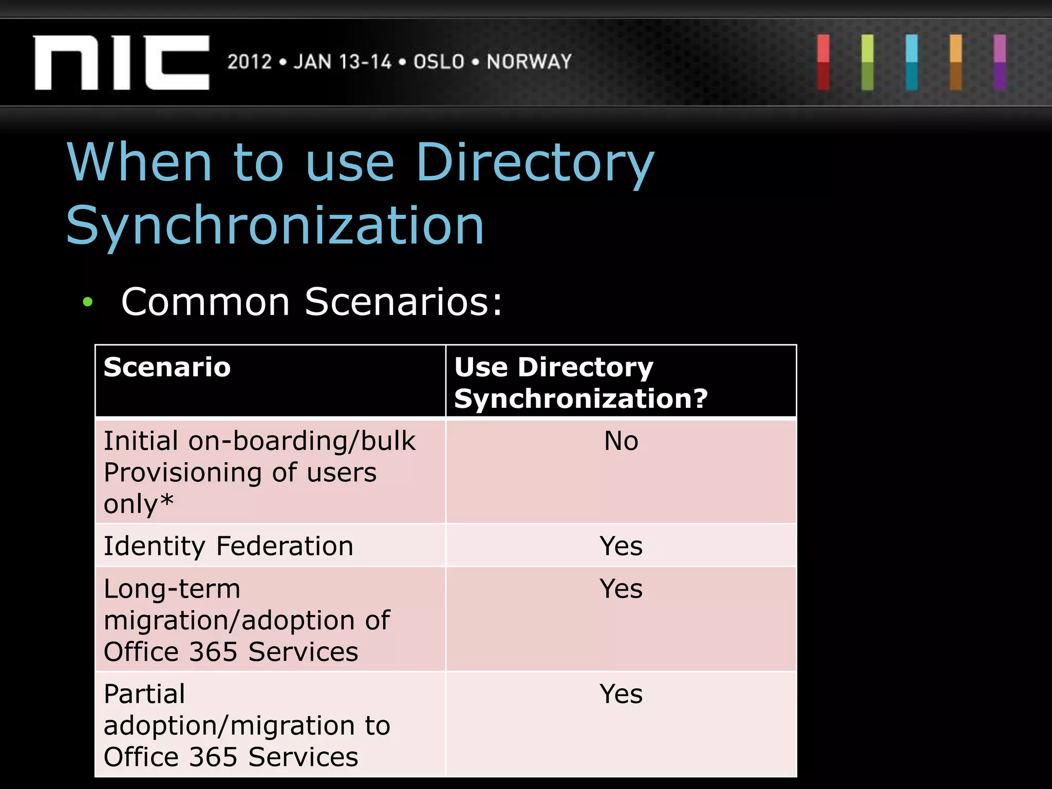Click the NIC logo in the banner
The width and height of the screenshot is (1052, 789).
click(122, 63)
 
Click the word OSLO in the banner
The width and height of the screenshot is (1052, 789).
click(439, 62)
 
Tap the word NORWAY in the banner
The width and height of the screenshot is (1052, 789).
click(529, 62)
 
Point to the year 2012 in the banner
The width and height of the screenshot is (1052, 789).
click(250, 62)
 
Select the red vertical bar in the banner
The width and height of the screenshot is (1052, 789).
click(823, 63)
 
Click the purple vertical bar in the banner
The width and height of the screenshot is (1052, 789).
click(1000, 63)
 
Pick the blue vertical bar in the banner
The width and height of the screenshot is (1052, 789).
click(912, 63)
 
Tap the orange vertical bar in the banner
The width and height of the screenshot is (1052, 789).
click(955, 63)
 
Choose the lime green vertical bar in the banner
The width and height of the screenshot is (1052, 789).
click(868, 63)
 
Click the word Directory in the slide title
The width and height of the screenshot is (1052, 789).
click(535, 163)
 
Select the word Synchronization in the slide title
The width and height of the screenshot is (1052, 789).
click(275, 226)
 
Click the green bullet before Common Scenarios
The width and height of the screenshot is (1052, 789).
click(88, 302)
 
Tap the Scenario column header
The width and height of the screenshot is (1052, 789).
click(167, 367)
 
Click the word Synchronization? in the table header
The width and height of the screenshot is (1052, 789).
click(581, 399)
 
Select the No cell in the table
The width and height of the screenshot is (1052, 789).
click(621, 441)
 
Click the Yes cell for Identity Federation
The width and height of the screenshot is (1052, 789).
click(621, 546)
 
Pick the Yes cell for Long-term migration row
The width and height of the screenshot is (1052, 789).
click(621, 589)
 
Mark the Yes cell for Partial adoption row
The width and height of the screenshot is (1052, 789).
click(621, 694)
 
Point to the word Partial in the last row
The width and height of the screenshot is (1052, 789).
click(144, 694)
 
